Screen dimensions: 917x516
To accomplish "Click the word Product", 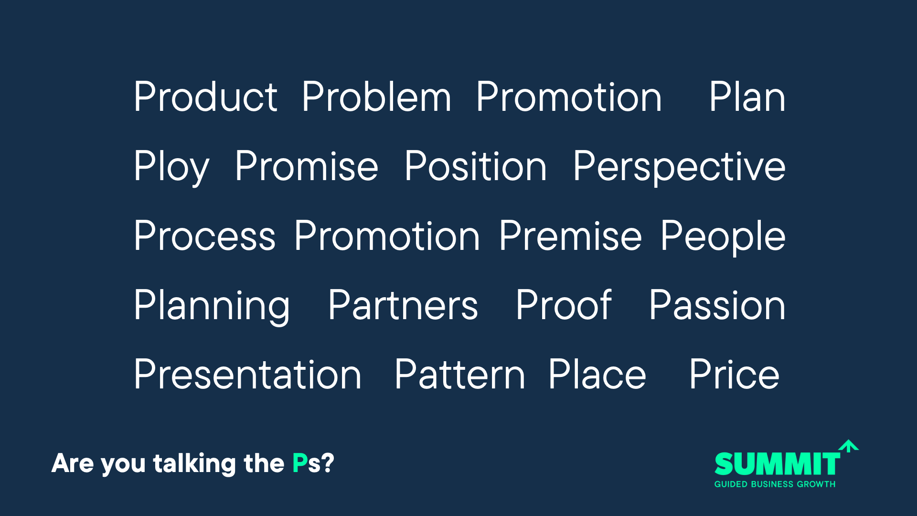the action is point(205,97).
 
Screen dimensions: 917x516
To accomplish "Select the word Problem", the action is point(376,97).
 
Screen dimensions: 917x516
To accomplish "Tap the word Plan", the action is point(747,97).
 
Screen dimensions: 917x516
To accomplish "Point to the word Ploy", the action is point(171,167).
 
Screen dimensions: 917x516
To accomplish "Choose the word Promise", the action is point(307,166).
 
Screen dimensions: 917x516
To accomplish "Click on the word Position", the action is point(476,166).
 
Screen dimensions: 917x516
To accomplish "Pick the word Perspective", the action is point(679,167).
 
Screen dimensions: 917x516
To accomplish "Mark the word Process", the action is point(205,236).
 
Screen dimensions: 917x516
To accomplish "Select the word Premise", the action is point(570,236).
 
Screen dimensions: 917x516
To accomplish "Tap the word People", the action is point(723,236).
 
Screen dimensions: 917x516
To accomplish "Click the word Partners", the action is point(403,305).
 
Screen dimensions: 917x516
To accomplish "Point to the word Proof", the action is point(564,304).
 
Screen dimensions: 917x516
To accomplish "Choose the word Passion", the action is point(717,305).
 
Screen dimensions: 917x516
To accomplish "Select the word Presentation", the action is point(247,374).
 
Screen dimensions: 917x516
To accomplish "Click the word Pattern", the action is point(460,374).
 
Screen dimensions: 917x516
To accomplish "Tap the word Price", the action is point(735,374).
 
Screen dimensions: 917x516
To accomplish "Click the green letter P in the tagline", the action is point(300,463).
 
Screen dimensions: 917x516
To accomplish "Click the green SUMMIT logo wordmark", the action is point(777,463).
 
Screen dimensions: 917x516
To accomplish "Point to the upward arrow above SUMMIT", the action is point(849,446).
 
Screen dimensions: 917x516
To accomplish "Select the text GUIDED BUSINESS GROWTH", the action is point(775,484).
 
